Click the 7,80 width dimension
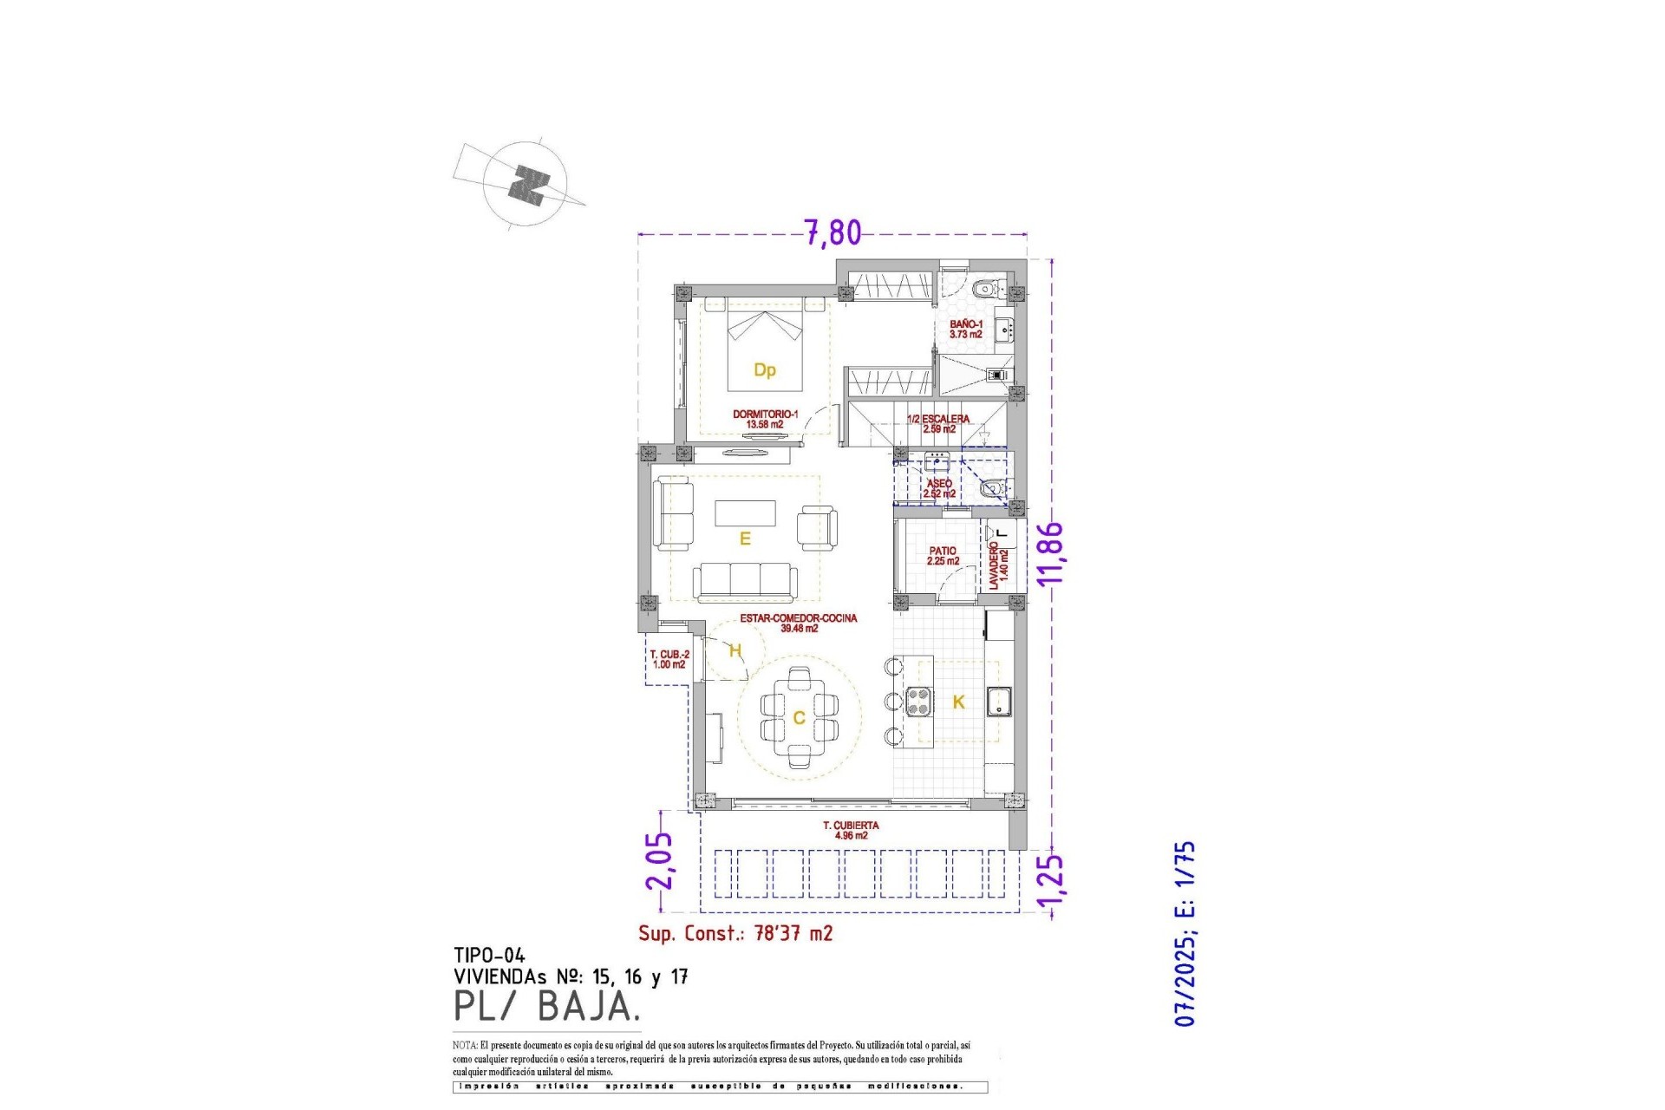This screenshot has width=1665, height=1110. [832, 232]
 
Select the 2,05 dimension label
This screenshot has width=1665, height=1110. [659, 860]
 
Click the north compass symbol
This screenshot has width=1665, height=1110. [526, 184]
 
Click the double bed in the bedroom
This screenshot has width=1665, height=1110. [764, 347]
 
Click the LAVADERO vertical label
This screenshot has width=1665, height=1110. [998, 565]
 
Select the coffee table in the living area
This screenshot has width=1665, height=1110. [745, 513]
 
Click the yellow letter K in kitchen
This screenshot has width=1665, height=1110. [958, 702]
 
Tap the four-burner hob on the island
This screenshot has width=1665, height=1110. [919, 701]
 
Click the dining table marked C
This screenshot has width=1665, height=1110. [799, 717]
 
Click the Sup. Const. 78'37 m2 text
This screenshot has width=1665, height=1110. [735, 933]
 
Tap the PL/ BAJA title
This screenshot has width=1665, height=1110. [547, 1007]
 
